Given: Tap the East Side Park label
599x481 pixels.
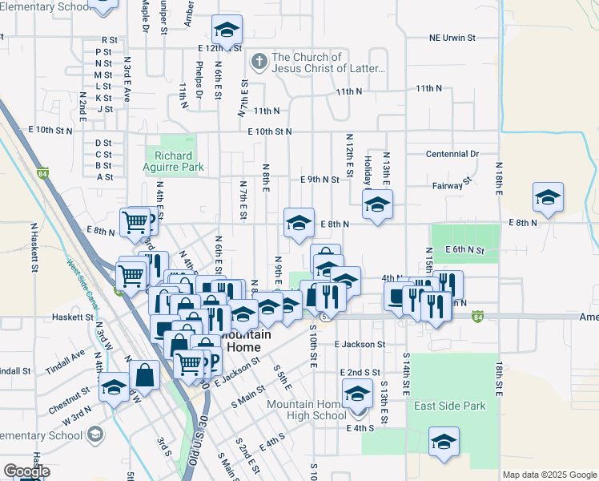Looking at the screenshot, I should [449, 406].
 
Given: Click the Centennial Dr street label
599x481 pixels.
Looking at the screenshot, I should [452, 153].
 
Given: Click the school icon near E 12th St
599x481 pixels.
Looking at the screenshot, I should [227, 31].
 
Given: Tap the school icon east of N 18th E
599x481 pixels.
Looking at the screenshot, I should [548, 197].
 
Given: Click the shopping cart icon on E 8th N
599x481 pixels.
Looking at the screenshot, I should [135, 221].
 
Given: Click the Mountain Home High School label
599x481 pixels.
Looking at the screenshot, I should [307, 410].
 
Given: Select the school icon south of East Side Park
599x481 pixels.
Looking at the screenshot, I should [443, 443].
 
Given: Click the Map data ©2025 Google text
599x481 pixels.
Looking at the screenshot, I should [549, 475].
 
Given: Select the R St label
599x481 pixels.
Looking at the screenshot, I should [109, 39].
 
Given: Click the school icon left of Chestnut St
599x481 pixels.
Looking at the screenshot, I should [115, 388].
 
